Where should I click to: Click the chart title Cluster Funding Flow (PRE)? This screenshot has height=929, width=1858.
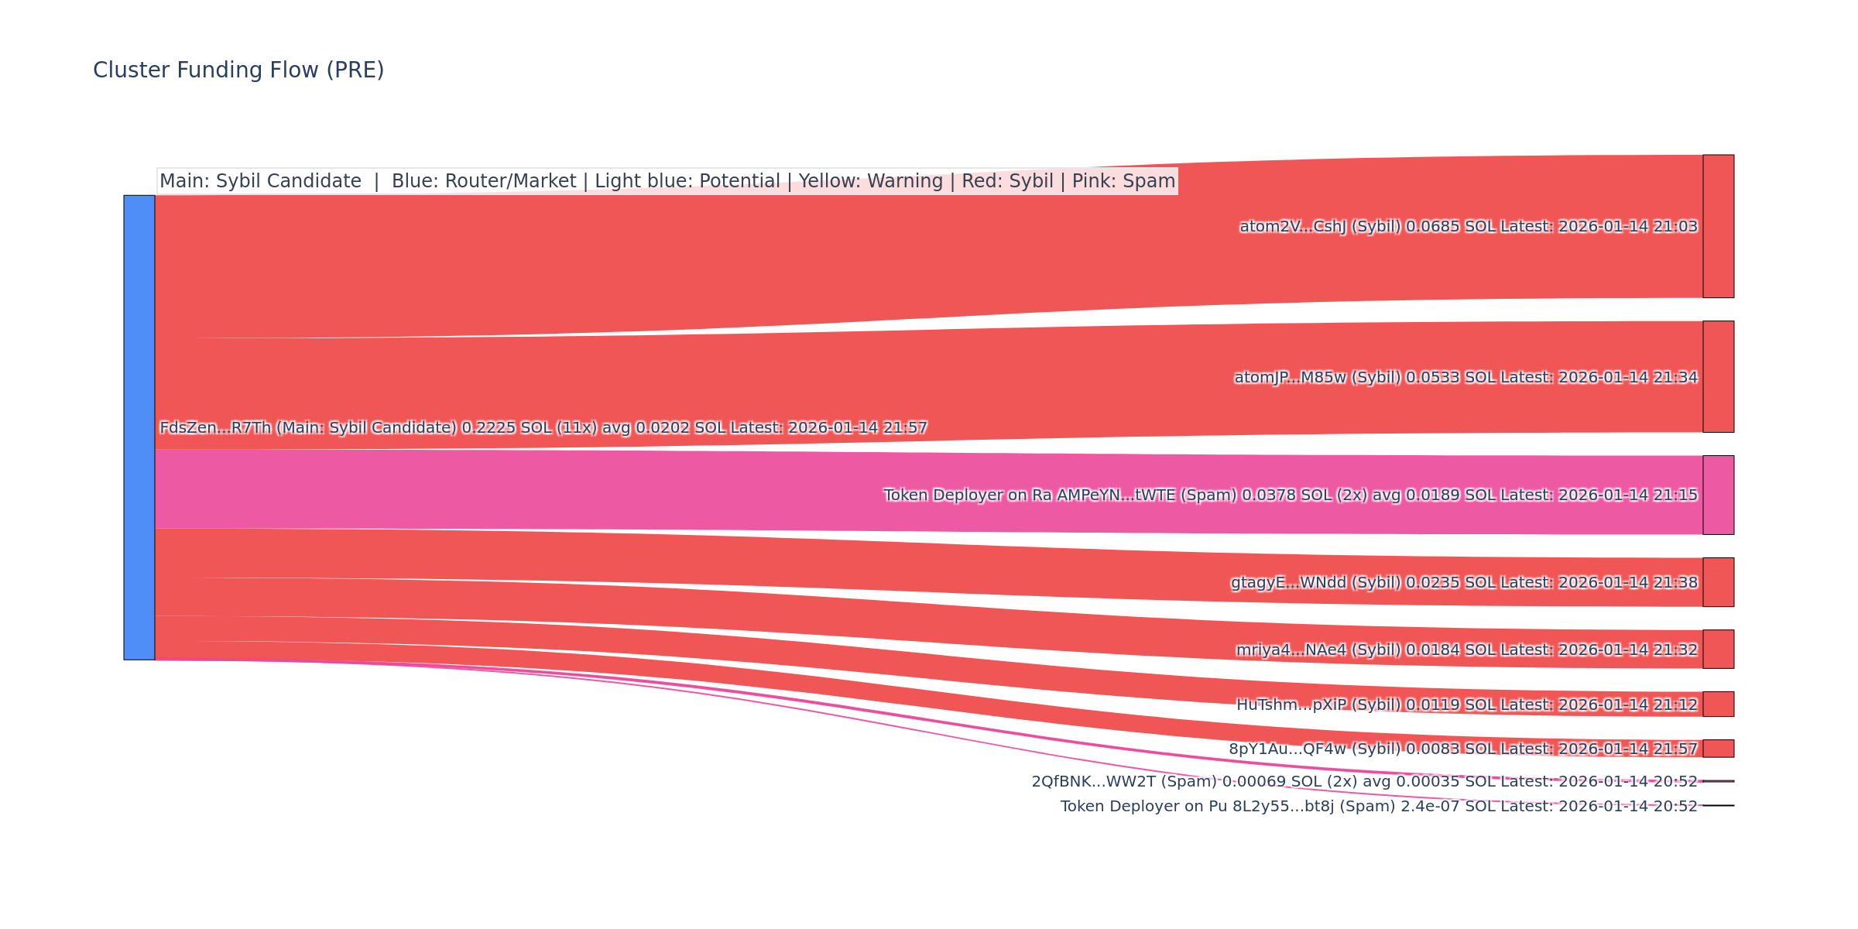(238, 70)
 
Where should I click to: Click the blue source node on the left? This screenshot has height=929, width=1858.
(139, 427)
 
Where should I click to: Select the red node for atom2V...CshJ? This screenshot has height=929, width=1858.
(1718, 226)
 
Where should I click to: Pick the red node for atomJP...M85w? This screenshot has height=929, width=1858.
(1718, 377)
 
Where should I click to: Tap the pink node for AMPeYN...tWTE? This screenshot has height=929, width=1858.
(1718, 495)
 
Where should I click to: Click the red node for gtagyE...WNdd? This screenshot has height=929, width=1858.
(1718, 582)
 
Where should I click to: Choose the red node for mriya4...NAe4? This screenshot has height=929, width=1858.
(1718, 649)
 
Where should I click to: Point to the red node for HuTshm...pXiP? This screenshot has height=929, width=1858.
(1718, 704)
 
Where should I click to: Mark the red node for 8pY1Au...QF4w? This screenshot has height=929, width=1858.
(1718, 749)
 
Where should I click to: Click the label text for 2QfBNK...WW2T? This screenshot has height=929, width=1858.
(1364, 782)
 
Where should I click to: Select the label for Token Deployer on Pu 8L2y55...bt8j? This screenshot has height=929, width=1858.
(1378, 807)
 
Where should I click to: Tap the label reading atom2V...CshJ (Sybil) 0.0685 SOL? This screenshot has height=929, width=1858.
(1468, 227)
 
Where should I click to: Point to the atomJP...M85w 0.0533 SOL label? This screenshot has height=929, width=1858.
(1465, 378)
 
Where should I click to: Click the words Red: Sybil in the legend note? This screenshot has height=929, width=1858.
(1007, 181)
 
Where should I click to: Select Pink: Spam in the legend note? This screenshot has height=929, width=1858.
(1123, 181)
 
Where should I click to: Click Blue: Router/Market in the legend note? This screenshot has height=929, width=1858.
(484, 181)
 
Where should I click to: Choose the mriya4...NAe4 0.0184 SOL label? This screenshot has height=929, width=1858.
(1466, 650)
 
